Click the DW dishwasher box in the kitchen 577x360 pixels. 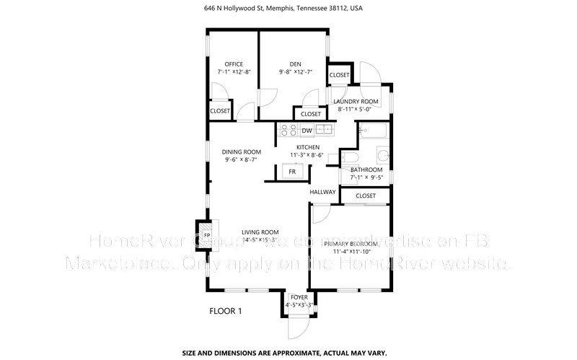tap(307, 131)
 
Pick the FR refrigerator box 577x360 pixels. tap(293, 172)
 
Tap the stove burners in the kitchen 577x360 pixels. tap(288, 131)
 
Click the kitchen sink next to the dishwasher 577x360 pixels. tap(325, 131)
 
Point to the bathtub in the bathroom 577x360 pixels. tap(373, 131)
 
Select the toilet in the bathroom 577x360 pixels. tap(350, 158)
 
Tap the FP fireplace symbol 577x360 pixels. tap(206, 235)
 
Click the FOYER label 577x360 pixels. tap(298, 297)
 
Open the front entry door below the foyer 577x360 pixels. tap(298, 325)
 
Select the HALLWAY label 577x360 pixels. tap(322, 192)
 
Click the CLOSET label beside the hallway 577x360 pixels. tap(366, 196)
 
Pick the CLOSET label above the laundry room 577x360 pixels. tap(339, 75)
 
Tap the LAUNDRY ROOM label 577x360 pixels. tap(356, 101)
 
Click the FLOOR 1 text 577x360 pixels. tap(225, 311)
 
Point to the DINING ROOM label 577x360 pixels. tap(241, 152)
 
